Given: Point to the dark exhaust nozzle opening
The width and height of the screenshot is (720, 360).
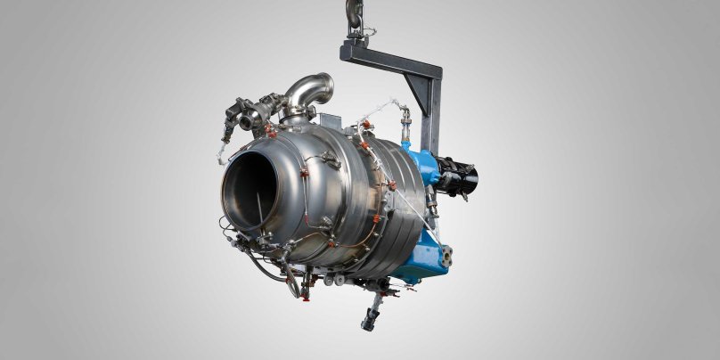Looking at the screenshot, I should point(254,192).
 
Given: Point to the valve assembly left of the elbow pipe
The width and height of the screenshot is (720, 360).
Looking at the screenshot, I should point(246,113).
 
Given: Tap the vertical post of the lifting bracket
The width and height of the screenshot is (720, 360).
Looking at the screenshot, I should point(431,116).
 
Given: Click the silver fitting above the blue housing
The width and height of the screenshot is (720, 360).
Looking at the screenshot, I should point(405,116).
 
